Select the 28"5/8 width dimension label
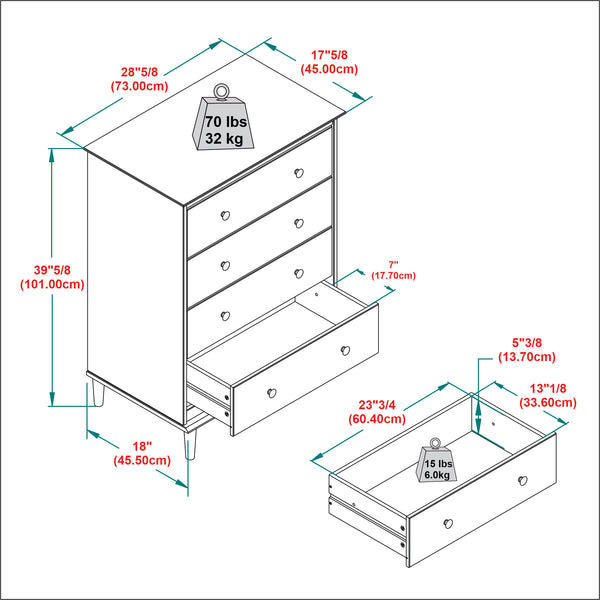click(x=138, y=79)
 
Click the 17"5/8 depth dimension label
click(x=329, y=63)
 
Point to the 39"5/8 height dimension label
click(x=51, y=277)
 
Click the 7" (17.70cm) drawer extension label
click(x=392, y=269)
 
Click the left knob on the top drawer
click(x=225, y=215)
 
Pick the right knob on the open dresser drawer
click(x=345, y=349)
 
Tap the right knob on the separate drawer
click(x=523, y=481)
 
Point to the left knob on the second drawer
click(x=225, y=265)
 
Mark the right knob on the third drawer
click(x=298, y=272)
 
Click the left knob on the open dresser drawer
click(x=270, y=391)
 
